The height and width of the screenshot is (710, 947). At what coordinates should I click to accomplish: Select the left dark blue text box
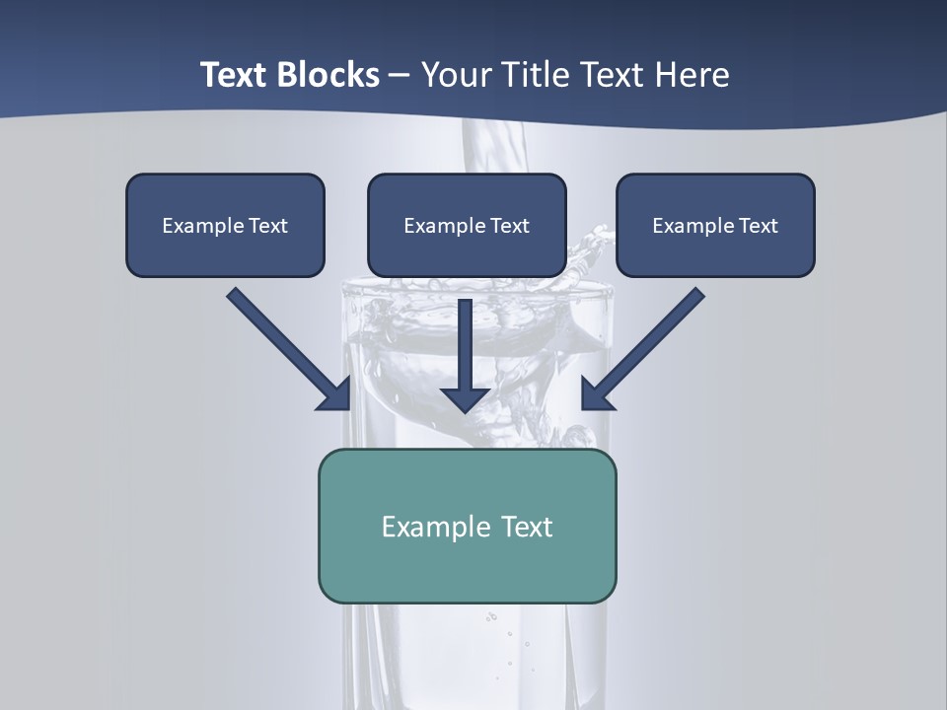point(225,225)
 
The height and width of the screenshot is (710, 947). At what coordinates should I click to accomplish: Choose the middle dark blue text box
point(467,225)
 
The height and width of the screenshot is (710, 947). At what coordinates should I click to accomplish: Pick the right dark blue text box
point(715,225)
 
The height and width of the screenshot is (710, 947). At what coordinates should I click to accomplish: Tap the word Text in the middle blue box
point(509,226)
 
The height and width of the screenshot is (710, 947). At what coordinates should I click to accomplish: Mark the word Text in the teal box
point(527,527)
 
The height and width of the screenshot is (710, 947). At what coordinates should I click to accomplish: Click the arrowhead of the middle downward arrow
point(466,398)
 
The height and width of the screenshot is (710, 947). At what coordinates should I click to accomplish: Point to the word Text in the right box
point(758,226)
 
